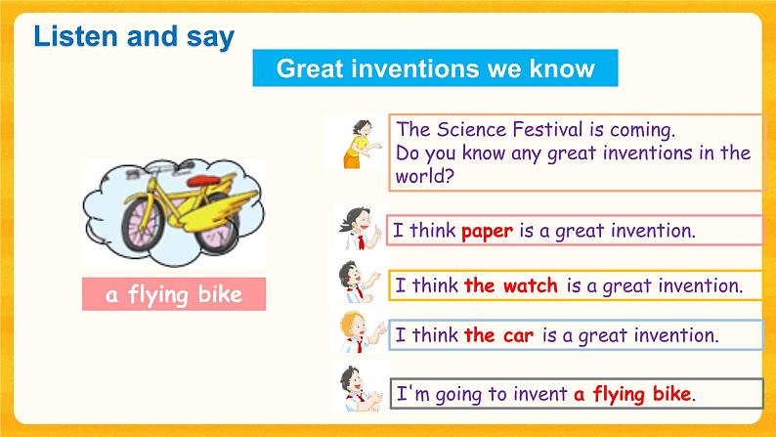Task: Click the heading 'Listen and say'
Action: click(x=134, y=37)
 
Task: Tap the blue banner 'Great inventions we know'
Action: click(x=435, y=68)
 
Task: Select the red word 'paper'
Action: click(x=487, y=232)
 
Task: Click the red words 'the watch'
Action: click(x=510, y=286)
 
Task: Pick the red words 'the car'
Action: click(x=498, y=335)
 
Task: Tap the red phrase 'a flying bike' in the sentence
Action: click(x=632, y=394)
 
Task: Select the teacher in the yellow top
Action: click(x=355, y=143)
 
